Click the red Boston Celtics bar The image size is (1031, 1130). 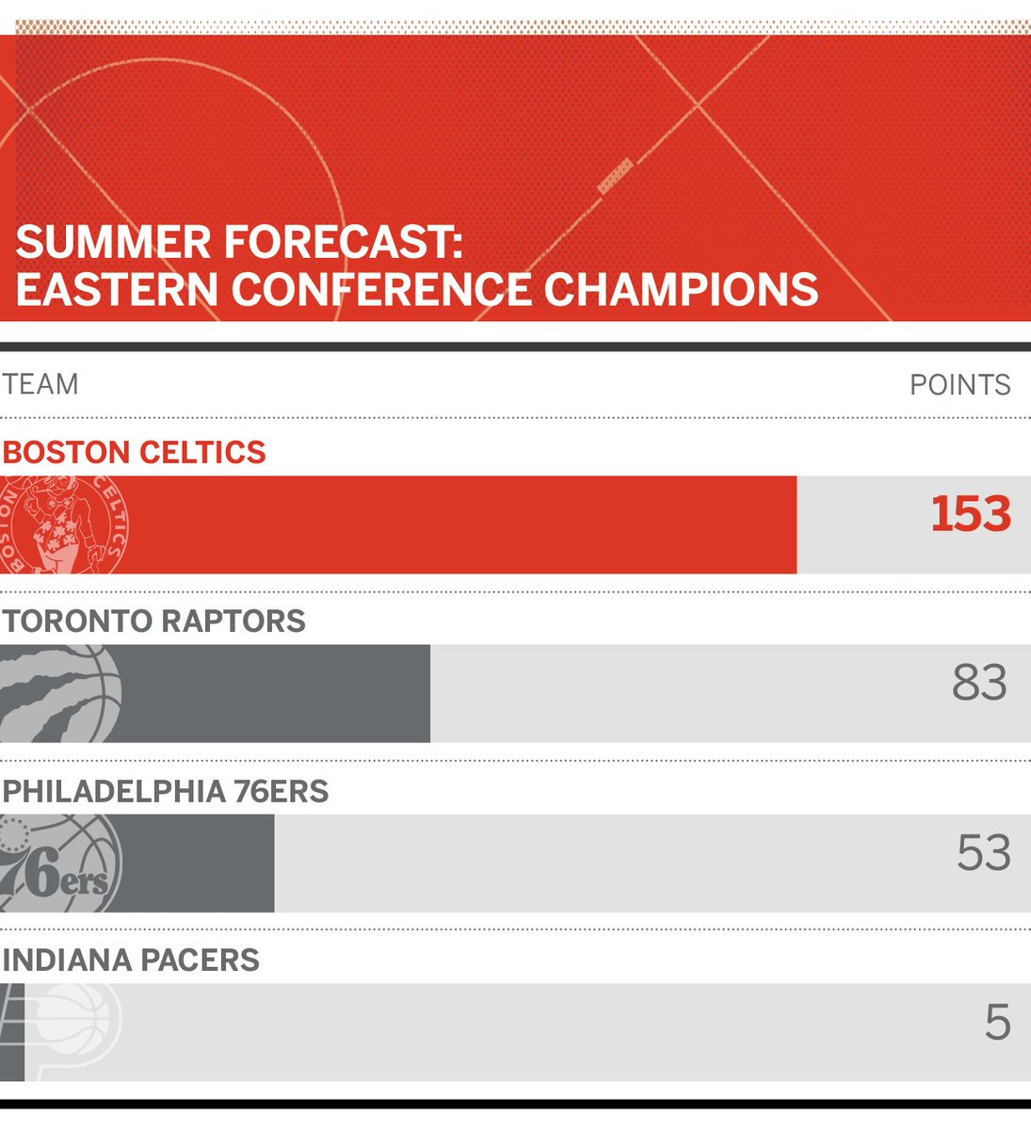click(x=452, y=525)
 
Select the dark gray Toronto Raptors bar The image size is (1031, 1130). click(x=273, y=694)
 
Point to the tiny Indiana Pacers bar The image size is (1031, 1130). click(x=11, y=1032)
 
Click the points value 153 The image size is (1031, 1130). click(x=971, y=515)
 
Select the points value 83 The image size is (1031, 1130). click(x=979, y=684)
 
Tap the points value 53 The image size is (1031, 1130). click(x=983, y=853)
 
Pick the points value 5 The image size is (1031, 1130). click(x=997, y=1023)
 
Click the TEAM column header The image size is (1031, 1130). click(x=40, y=384)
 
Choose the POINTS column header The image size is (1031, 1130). click(x=959, y=384)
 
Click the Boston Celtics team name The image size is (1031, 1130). click(x=135, y=453)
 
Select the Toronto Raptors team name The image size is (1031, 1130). click(x=154, y=621)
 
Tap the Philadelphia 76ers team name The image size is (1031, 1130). click(x=166, y=791)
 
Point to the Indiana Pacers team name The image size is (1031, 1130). click(x=131, y=960)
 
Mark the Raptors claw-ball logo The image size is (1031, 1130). click(x=60, y=694)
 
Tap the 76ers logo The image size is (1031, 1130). click(x=60, y=864)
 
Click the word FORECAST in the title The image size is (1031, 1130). click(x=343, y=243)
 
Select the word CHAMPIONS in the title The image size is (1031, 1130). click(x=681, y=289)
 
